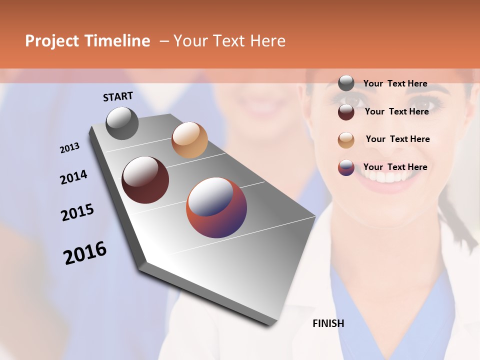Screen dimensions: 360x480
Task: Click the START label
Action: tap(118, 96)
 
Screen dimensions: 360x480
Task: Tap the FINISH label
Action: tap(328, 323)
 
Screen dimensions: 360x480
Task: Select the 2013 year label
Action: tap(70, 148)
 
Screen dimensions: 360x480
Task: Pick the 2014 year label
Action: tap(73, 177)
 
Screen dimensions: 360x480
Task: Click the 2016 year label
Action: tap(85, 253)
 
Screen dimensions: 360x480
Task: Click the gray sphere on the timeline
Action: tap(122, 123)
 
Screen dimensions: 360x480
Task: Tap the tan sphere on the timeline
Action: tap(189, 140)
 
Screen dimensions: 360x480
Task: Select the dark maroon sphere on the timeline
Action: tap(145, 180)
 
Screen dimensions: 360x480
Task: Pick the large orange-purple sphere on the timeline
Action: tap(216, 207)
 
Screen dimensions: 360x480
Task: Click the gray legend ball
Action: tap(346, 83)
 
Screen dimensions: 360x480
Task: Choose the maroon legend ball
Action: tap(346, 112)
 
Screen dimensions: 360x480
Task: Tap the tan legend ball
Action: tap(346, 140)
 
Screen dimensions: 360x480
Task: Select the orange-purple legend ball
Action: tap(346, 167)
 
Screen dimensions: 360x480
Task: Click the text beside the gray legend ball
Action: tap(395, 83)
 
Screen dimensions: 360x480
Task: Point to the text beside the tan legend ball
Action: tap(398, 139)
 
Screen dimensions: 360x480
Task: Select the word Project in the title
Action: tap(52, 41)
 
